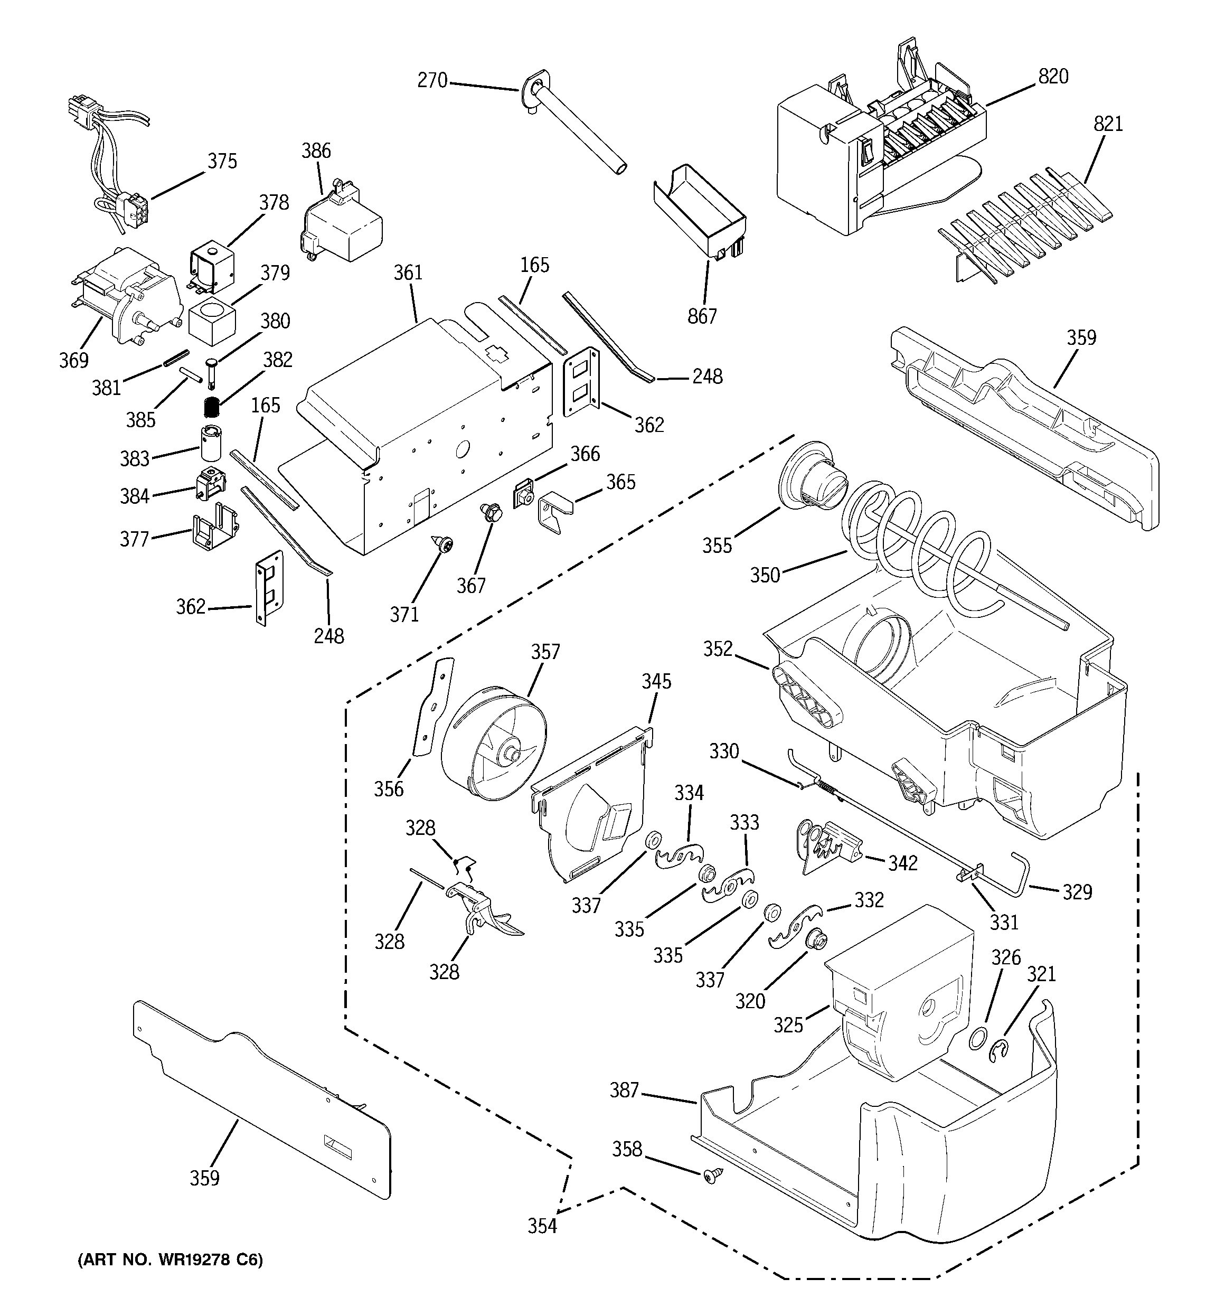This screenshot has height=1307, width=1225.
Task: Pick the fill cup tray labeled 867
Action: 700,210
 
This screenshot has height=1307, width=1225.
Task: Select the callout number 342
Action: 902,862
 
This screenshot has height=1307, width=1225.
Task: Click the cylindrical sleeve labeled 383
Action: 212,443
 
